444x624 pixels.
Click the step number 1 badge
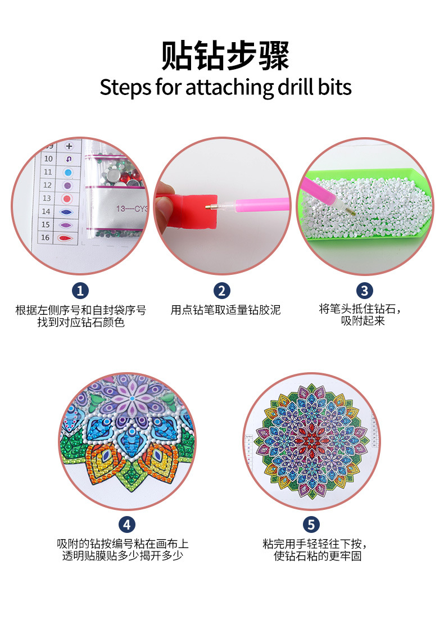tap(80, 291)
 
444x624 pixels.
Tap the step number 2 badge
tap(222, 291)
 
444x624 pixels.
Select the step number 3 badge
tap(365, 291)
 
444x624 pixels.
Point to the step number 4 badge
tap(127, 524)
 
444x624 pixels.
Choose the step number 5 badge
tap(311, 524)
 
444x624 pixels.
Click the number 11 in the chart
tap(48, 172)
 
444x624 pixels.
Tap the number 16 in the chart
tap(46, 238)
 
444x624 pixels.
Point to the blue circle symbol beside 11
tap(68, 172)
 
